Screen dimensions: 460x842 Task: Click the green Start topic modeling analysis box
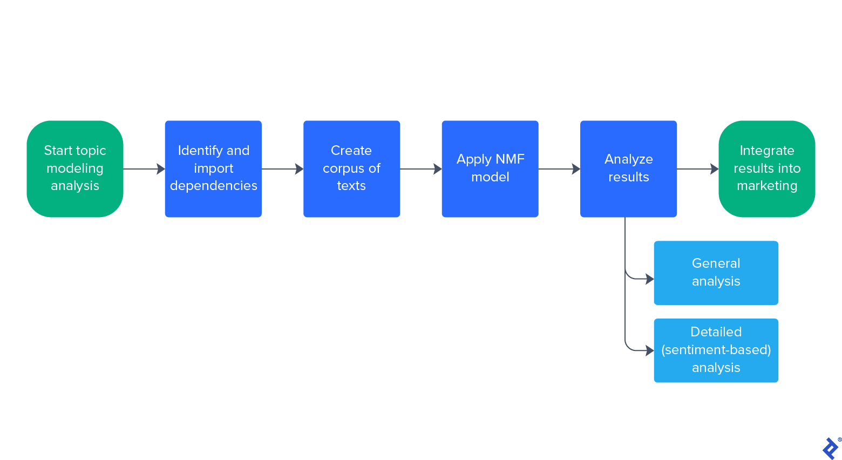click(75, 168)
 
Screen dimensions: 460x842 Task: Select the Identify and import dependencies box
click(213, 168)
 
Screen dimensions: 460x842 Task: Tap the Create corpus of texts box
click(351, 168)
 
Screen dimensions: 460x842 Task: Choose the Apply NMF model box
click(490, 168)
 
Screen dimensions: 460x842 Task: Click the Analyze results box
click(628, 168)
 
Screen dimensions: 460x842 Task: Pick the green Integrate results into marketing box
click(766, 168)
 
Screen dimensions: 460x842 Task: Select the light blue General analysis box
click(716, 273)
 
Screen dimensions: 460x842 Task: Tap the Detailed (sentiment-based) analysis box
click(716, 350)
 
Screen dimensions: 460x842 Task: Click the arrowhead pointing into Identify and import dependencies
click(161, 169)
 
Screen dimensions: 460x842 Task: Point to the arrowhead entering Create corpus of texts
click(300, 169)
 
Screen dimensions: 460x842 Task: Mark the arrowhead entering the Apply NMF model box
click(438, 169)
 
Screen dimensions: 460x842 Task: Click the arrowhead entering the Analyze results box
click(576, 169)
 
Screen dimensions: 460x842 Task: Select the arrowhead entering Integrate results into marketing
click(715, 169)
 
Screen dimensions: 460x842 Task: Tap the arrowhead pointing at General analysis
click(650, 279)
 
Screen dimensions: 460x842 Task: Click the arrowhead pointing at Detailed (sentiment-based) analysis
click(650, 350)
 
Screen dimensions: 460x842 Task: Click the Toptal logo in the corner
click(830, 448)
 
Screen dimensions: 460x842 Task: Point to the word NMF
click(510, 159)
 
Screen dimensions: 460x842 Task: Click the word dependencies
click(213, 186)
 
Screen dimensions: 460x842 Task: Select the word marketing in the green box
click(766, 186)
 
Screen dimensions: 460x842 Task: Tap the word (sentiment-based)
click(716, 350)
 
